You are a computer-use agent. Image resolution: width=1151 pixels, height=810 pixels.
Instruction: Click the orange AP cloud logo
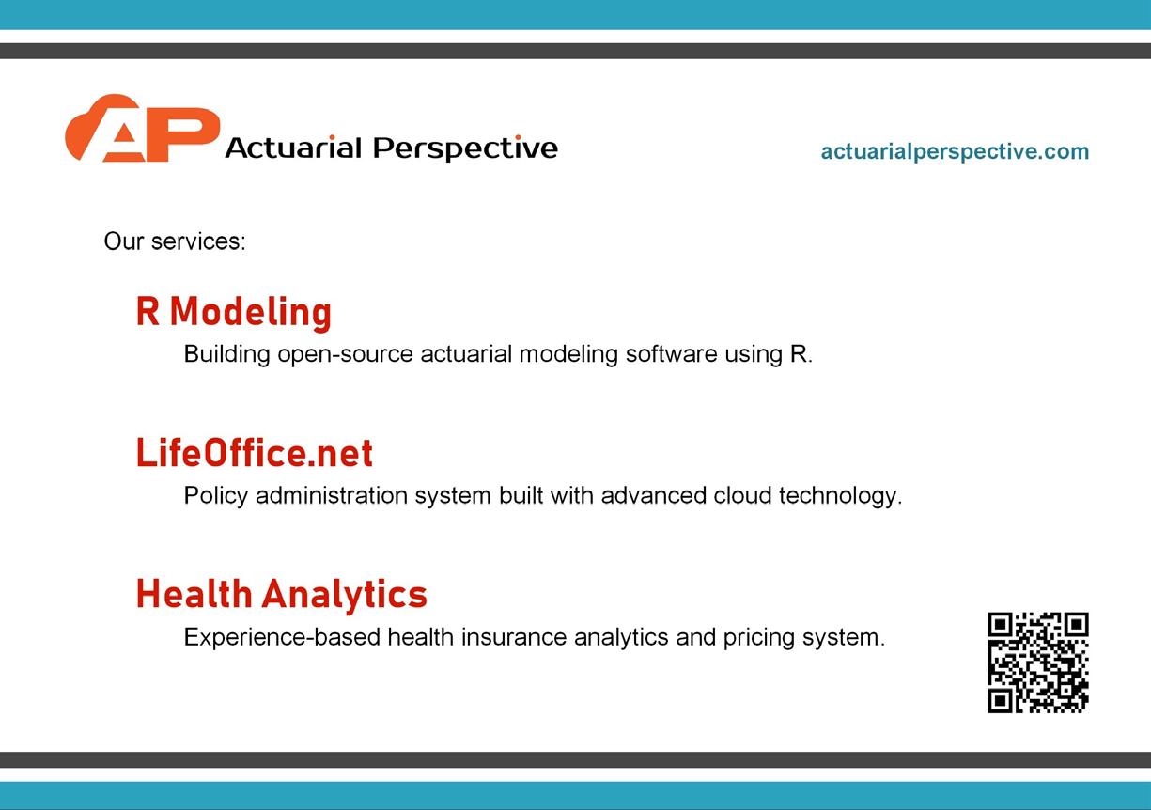pyautogui.click(x=142, y=128)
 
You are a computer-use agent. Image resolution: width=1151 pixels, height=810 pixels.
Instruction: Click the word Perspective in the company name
pyautogui.click(x=465, y=148)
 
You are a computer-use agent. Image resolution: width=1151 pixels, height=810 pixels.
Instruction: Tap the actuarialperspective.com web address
pyautogui.click(x=955, y=151)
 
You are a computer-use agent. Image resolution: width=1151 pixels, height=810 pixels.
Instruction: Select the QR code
pyautogui.click(x=1038, y=662)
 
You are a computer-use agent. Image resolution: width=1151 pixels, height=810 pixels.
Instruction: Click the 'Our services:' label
pyautogui.click(x=175, y=241)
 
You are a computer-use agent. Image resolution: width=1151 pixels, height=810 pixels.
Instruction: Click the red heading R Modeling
pyautogui.click(x=234, y=312)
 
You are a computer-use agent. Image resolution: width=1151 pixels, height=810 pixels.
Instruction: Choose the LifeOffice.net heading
pyautogui.click(x=255, y=453)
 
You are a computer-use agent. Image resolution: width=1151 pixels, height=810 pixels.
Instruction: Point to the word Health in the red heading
pyautogui.click(x=194, y=594)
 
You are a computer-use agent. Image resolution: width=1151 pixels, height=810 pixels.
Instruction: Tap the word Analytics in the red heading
pyautogui.click(x=345, y=595)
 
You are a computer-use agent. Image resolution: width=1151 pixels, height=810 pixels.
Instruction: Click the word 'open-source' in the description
pyautogui.click(x=346, y=354)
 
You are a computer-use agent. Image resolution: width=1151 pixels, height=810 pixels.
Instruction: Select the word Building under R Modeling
pyautogui.click(x=226, y=354)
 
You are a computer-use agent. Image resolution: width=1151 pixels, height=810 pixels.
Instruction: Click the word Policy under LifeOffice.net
pyautogui.click(x=216, y=496)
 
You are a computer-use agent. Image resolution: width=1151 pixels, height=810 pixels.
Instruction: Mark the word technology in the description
pyautogui.click(x=841, y=496)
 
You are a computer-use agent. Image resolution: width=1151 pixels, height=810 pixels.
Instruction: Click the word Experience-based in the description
pyautogui.click(x=282, y=637)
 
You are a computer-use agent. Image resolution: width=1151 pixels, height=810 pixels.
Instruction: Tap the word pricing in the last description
pyautogui.click(x=759, y=638)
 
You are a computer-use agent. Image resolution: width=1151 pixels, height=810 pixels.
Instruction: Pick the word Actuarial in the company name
pyautogui.click(x=293, y=148)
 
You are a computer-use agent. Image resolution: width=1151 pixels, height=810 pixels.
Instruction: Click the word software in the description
pyautogui.click(x=672, y=354)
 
